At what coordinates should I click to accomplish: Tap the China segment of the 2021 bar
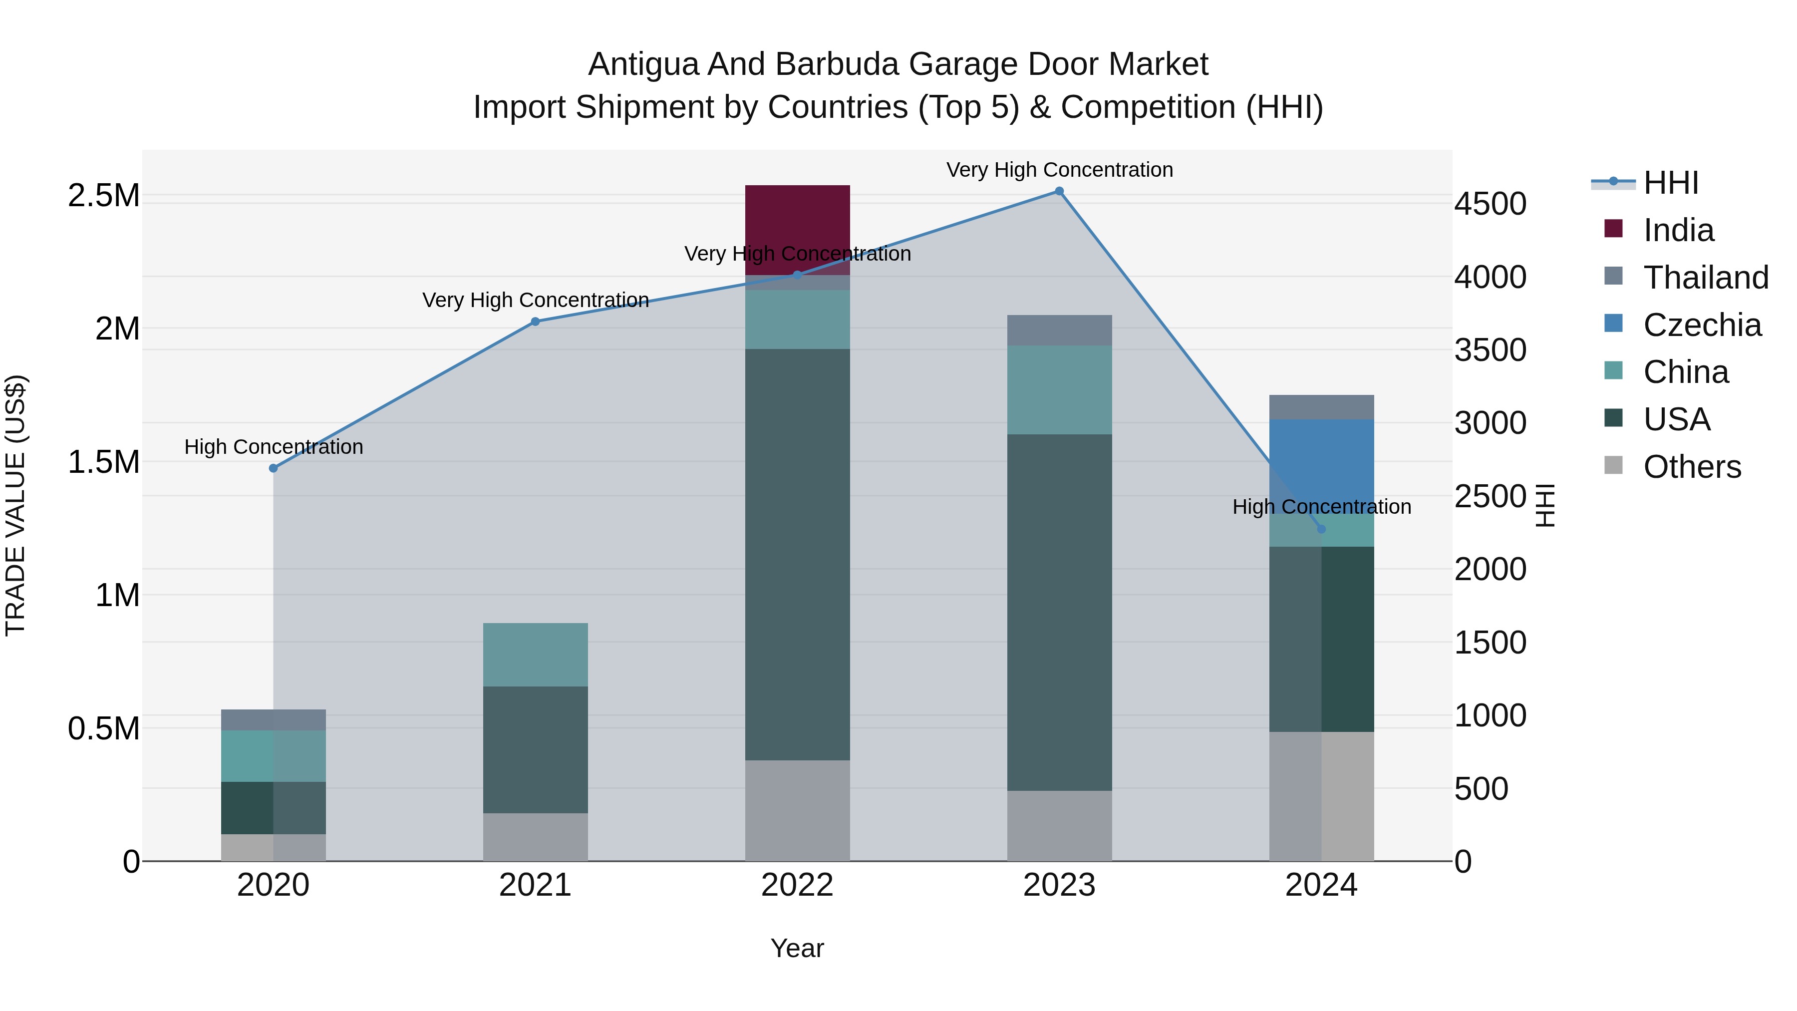[535, 655]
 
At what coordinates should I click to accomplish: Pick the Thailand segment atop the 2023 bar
[1059, 330]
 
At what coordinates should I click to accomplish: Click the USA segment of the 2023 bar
[1059, 612]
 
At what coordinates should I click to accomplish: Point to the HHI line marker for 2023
[1059, 191]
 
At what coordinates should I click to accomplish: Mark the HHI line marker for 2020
[274, 468]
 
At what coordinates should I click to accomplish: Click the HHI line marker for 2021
[535, 322]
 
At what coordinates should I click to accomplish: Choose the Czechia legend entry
[1702, 325]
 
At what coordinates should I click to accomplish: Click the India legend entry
[1678, 230]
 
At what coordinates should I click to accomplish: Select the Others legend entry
[1692, 467]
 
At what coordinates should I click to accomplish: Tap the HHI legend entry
[1671, 183]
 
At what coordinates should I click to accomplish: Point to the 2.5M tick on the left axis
[104, 196]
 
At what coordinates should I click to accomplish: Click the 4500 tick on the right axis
[1490, 204]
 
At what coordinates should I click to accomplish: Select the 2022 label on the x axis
[797, 885]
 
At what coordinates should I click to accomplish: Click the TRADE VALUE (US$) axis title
[15, 505]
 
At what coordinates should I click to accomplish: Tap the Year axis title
[797, 948]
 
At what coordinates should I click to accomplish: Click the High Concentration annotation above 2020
[274, 446]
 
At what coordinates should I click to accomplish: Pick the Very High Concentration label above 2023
[1059, 170]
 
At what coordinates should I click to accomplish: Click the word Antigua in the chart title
[642, 64]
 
